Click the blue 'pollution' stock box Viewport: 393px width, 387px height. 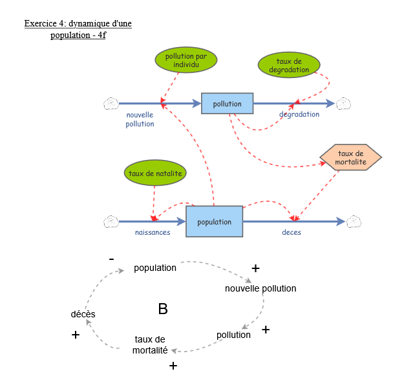tap(227, 103)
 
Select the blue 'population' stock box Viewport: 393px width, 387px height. tap(214, 222)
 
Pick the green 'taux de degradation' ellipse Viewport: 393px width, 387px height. tap(289, 65)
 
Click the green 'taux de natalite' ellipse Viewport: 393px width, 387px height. tap(154, 173)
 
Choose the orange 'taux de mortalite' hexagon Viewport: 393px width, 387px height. tap(350, 157)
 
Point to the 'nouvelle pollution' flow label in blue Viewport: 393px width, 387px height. tap(140, 119)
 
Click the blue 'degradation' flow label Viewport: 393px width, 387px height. tap(299, 114)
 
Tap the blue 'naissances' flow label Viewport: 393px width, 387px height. tap(152, 232)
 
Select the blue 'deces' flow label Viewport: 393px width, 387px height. tap(291, 232)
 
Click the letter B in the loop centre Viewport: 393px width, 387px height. tap(163, 310)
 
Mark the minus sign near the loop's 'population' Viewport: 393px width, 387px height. tap(112, 259)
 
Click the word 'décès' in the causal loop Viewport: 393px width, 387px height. tap(83, 314)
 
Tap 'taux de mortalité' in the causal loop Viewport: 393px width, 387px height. tap(150, 345)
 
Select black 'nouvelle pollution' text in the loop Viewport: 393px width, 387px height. tap(260, 288)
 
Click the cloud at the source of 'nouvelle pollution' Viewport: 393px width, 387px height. tap(111, 103)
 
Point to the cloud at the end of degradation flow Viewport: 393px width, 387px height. tap(343, 103)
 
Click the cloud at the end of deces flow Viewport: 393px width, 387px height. tap(354, 222)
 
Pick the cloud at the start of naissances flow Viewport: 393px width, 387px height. tap(111, 222)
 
